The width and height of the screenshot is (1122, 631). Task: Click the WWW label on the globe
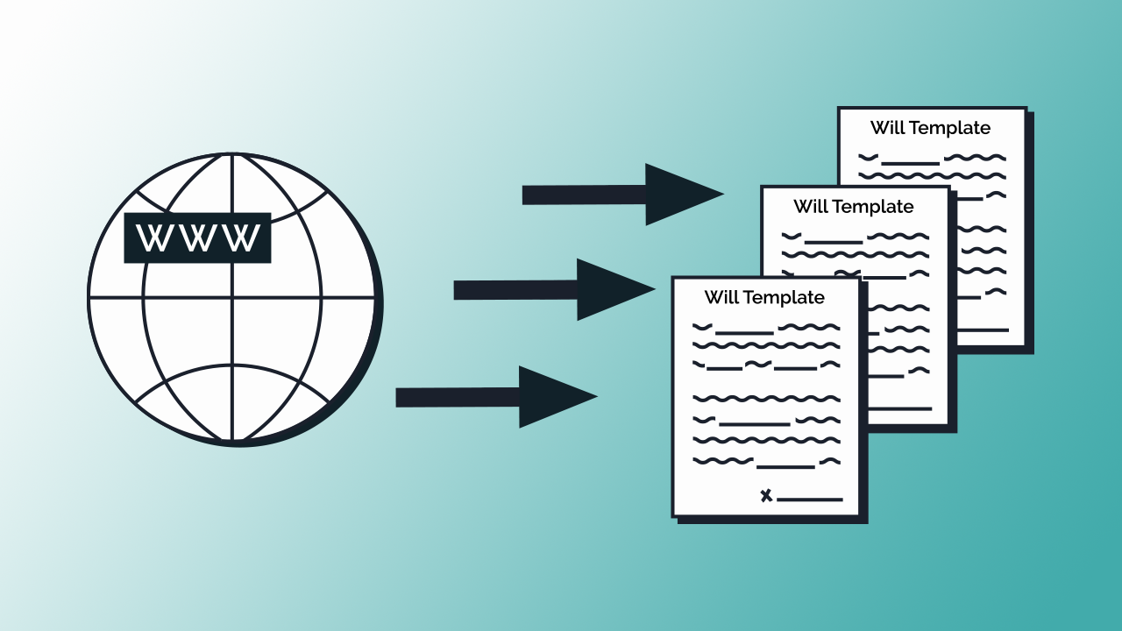coord(197,238)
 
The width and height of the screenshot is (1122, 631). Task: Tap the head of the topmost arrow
coord(678,195)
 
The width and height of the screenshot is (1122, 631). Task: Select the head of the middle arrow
coord(610,289)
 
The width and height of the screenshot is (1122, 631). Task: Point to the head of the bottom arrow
coord(552,397)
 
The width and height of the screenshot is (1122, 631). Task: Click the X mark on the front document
coord(766,496)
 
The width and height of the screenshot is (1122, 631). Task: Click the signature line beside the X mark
coord(810,500)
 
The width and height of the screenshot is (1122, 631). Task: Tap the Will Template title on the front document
coord(764,297)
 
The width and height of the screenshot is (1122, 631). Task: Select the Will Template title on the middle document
coord(853,207)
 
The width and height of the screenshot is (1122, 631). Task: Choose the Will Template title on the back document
coord(930,128)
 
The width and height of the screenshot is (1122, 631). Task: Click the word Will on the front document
coord(721,297)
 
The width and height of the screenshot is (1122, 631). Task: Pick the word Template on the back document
coord(950,128)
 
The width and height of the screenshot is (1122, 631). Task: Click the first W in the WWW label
coord(155,238)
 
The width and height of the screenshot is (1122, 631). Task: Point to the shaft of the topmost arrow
coord(584,195)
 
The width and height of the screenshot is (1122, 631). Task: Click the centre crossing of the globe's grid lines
coord(233,297)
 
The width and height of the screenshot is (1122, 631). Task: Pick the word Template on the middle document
coord(873,207)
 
